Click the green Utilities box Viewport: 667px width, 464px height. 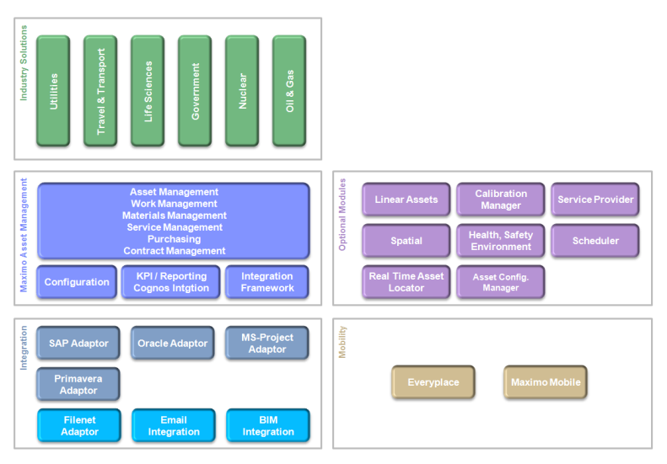[x=53, y=90]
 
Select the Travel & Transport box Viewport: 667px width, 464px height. [x=100, y=90]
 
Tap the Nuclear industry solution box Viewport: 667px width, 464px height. [x=242, y=90]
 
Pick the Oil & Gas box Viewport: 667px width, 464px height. [x=289, y=90]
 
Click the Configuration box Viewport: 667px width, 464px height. [x=77, y=282]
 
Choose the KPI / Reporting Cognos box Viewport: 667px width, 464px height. [x=171, y=282]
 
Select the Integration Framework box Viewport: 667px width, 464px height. [x=267, y=282]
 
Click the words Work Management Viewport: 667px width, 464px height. [x=174, y=204]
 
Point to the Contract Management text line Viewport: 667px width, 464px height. [x=174, y=251]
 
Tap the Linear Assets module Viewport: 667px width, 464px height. [x=406, y=200]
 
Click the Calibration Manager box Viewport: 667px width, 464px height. [x=501, y=200]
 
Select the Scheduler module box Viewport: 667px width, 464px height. [x=595, y=241]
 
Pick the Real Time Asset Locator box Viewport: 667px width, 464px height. [x=406, y=282]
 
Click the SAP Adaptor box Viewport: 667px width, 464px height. [x=78, y=344]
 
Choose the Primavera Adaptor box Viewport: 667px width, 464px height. [x=78, y=384]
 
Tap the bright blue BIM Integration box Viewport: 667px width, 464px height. [x=267, y=425]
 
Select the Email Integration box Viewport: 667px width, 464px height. [x=173, y=425]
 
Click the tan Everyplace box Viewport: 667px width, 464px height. [x=433, y=382]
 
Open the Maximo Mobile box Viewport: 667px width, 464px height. [x=546, y=382]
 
